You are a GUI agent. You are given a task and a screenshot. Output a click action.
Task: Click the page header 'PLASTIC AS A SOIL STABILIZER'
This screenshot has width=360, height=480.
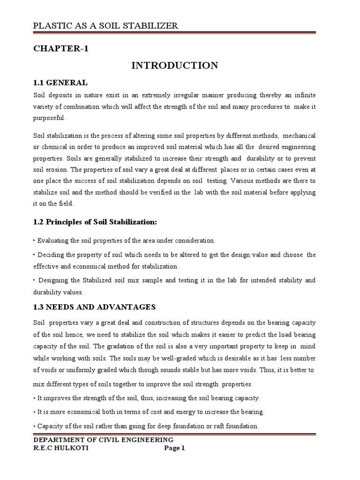pos(105,25)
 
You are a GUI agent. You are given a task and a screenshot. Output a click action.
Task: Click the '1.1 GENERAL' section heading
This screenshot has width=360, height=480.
pos(60,83)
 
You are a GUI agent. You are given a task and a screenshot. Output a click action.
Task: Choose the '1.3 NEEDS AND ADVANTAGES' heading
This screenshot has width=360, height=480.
pos(94,307)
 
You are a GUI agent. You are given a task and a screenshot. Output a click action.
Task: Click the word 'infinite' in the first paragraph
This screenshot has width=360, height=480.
pos(305,95)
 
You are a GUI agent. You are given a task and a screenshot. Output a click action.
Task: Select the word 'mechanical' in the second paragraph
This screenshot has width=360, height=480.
pos(298,135)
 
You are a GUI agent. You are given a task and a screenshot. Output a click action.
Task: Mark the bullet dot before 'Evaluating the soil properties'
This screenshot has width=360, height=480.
pos(34,240)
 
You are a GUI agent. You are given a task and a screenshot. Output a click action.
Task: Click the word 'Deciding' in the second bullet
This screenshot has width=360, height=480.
pos(50,255)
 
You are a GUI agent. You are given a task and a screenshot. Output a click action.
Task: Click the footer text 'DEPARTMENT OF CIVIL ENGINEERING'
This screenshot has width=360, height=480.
pos(103,440)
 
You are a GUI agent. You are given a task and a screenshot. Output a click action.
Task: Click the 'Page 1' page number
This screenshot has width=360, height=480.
pos(174,448)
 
